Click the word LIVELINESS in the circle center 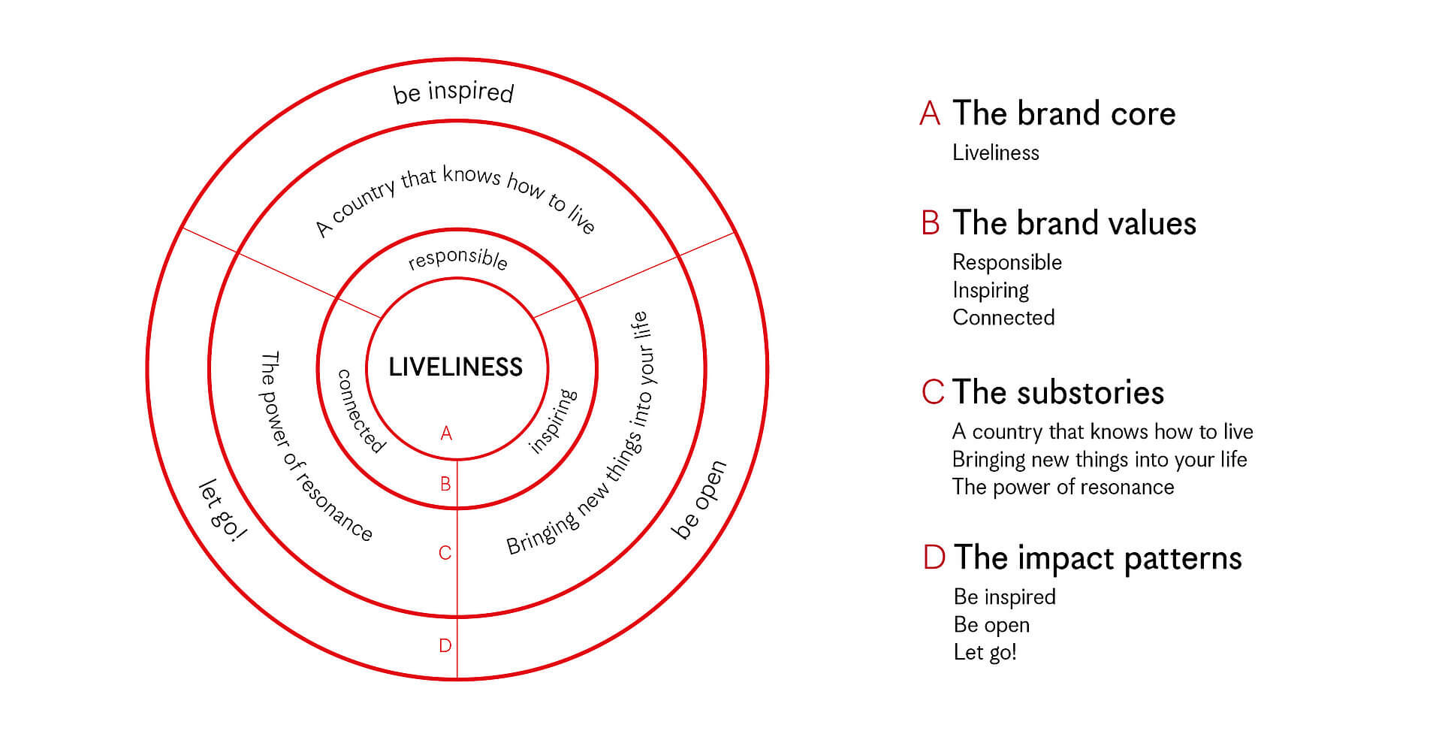point(455,367)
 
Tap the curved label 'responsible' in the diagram point(457,258)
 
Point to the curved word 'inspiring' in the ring point(554,421)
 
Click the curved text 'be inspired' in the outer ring point(454,92)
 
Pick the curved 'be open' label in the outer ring point(699,500)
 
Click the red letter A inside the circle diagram point(446,433)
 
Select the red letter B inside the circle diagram point(445,484)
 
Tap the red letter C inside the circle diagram point(445,553)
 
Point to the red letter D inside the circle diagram point(445,645)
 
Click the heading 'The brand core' point(1063,113)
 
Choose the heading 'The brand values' point(1074,223)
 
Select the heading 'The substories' point(1058,392)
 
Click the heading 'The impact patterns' point(1097,558)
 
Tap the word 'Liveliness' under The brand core point(996,153)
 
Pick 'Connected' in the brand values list point(1003,317)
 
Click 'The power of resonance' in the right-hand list point(1063,487)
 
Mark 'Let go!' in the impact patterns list point(985,652)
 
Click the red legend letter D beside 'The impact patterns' point(934,558)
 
